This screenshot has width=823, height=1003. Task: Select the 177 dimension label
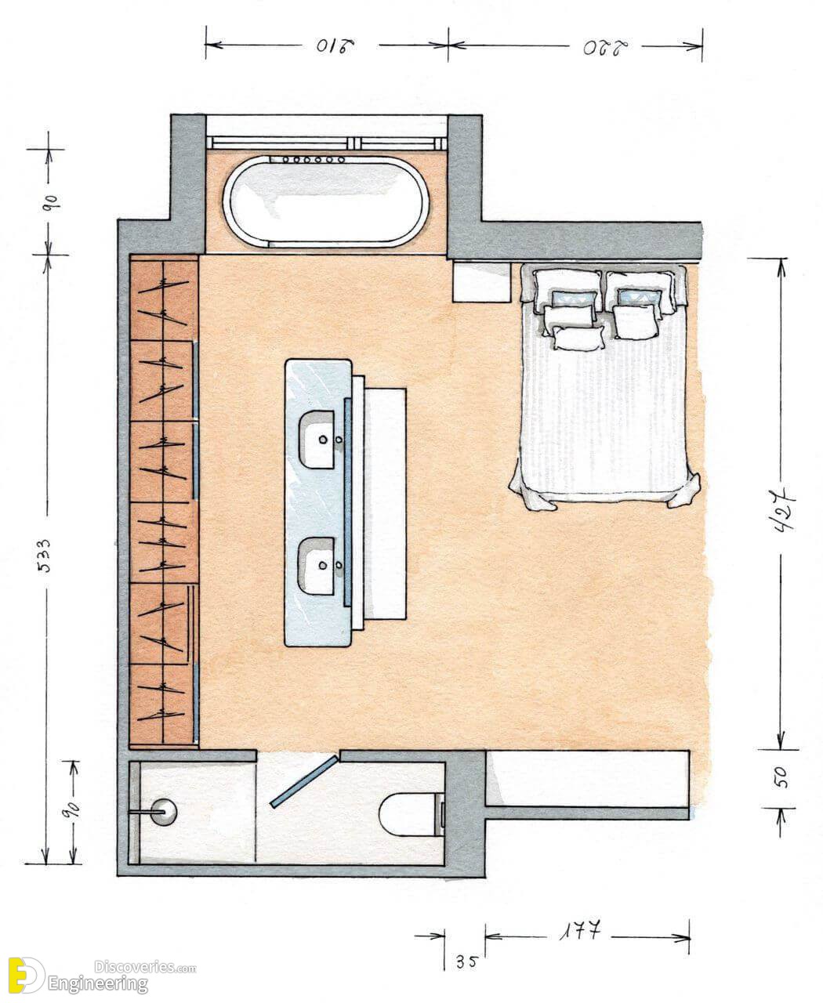580,930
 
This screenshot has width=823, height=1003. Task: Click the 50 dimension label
782,777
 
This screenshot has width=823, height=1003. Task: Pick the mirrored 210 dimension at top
335,46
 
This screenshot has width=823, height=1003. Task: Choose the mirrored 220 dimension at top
606,48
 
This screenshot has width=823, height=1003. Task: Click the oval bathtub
325,201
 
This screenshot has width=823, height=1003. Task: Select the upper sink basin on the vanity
317,440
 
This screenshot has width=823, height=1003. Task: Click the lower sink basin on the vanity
317,566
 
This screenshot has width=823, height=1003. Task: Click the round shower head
165,811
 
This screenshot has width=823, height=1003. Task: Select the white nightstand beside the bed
481,281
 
